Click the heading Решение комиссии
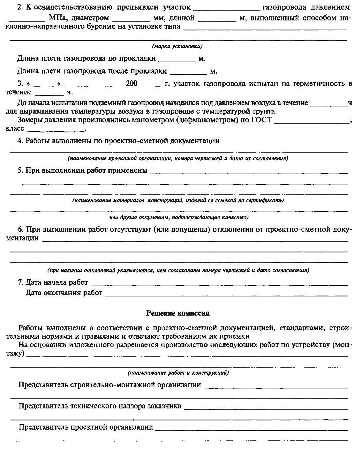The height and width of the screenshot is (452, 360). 178,313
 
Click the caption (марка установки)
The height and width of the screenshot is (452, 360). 178,46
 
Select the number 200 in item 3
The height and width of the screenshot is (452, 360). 132,84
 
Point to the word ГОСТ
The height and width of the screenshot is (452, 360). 262,120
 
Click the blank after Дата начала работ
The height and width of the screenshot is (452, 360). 220,282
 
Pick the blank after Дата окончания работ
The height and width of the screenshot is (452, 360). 226,293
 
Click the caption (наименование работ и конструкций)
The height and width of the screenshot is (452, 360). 178,373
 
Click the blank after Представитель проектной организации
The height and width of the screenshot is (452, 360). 251,427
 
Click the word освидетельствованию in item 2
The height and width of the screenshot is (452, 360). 64,8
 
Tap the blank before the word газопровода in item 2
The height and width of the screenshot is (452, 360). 226,8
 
